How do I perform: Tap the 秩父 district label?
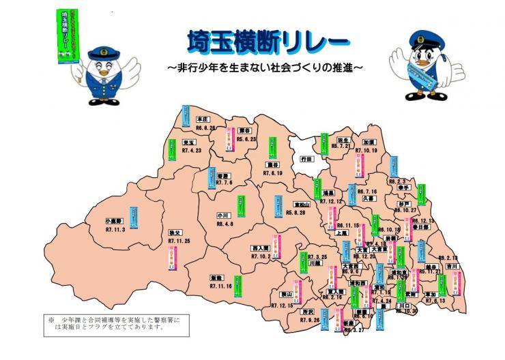pos(175,232)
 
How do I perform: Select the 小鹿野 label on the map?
pos(115,222)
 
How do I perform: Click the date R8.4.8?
pos(225,224)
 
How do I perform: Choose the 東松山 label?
pos(301,204)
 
